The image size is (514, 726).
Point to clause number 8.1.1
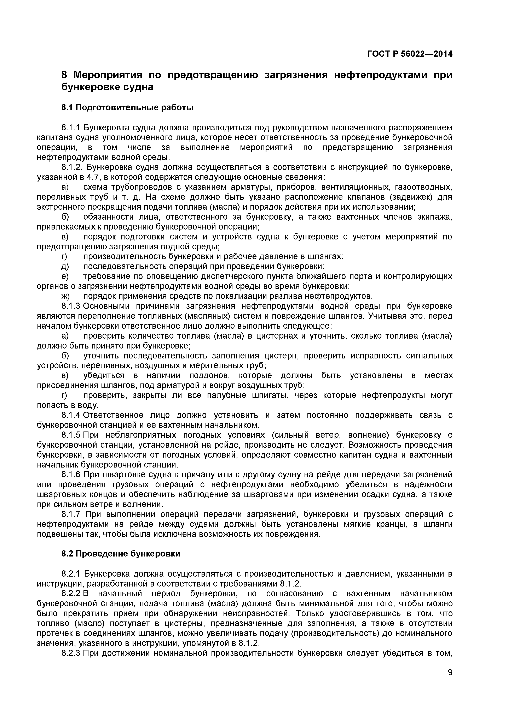coord(71,128)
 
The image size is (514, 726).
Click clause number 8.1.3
coord(71,306)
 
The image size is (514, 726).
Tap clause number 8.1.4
coord(71,415)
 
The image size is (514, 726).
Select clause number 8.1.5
coord(71,435)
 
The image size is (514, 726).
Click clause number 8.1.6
coord(71,475)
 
